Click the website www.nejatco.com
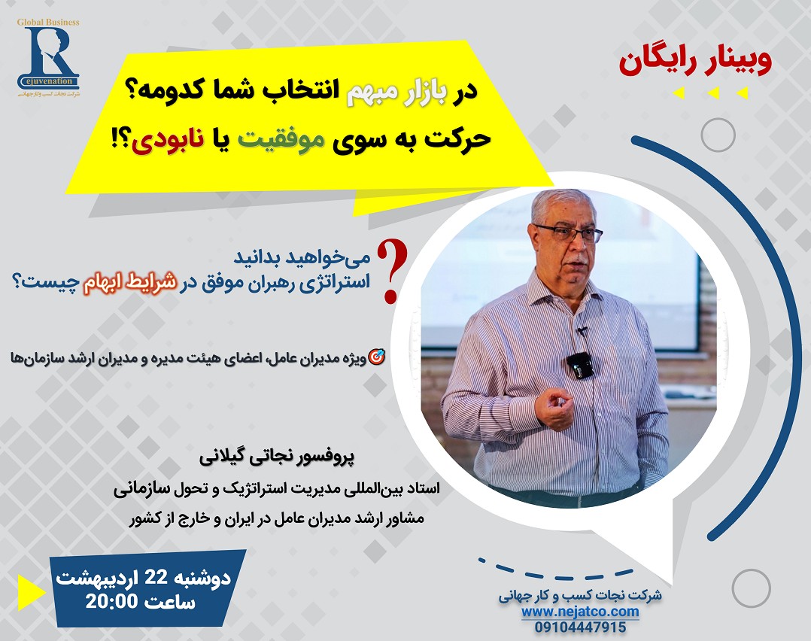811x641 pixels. pyautogui.click(x=580, y=612)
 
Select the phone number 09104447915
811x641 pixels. pyautogui.click(x=580, y=627)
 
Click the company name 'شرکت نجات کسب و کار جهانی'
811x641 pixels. pyautogui.click(x=580, y=595)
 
